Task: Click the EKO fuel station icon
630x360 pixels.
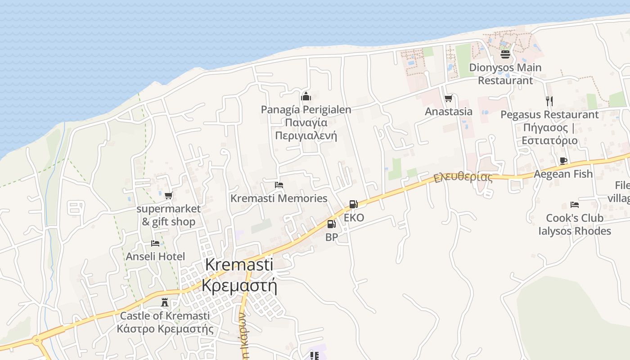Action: pos(353,204)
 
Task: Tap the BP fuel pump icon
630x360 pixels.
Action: pos(331,224)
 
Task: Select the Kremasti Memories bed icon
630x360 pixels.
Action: pos(279,185)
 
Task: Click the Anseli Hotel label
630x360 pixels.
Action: pos(155,256)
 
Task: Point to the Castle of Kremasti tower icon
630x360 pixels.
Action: pos(165,302)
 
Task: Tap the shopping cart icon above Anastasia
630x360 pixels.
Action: pos(448,99)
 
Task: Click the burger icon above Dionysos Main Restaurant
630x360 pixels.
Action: pos(505,54)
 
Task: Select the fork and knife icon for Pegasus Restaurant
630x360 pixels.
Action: pos(549,101)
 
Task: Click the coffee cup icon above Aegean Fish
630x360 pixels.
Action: pos(563,161)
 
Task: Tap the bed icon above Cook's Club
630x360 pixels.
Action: pos(575,205)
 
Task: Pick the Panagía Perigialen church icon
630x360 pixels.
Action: pos(306,96)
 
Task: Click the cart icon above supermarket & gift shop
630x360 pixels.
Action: pos(168,196)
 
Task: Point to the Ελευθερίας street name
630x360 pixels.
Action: pos(463,176)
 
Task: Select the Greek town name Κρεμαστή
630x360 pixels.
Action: pos(239,285)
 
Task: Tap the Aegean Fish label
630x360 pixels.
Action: pos(563,174)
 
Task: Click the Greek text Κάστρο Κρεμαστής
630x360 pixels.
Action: pos(165,328)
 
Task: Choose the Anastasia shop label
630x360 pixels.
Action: pos(449,112)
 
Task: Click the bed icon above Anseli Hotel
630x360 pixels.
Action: pos(155,243)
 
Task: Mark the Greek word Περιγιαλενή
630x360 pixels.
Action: pos(306,136)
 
